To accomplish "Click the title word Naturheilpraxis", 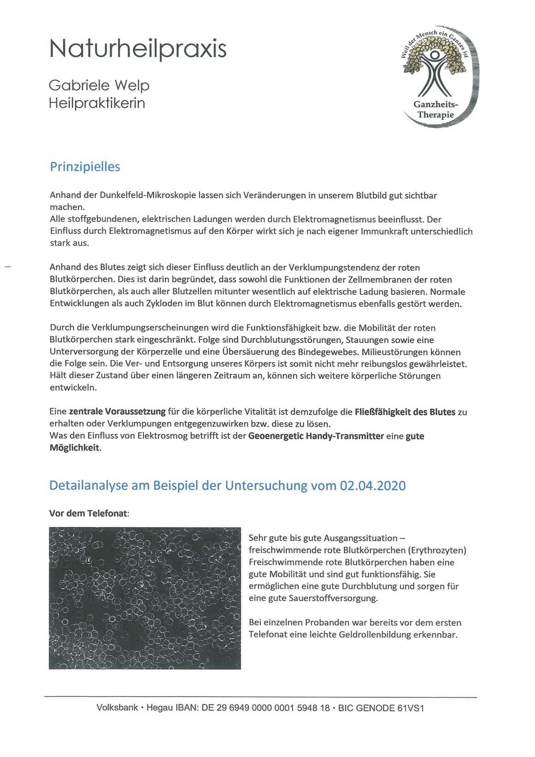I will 137,49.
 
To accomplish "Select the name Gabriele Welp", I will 99,85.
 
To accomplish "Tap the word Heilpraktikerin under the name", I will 97,103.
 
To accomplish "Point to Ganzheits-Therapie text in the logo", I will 435,110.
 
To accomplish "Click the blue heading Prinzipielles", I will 85,167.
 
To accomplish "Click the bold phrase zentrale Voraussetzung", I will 117,412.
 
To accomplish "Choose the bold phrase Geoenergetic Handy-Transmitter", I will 316,436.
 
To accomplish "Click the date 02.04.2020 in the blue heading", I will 373,486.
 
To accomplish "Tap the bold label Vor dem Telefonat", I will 89,513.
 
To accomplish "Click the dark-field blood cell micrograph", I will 145,598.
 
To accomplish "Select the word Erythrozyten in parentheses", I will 439,550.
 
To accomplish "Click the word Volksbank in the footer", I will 117,708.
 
